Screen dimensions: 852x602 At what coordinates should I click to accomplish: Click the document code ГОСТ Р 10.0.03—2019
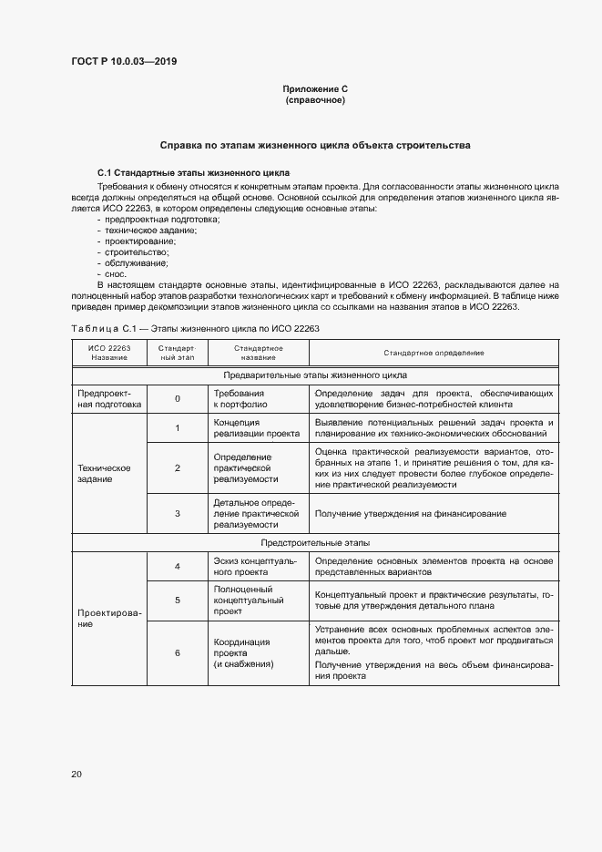point(124,62)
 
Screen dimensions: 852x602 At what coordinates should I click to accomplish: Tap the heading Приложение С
point(315,88)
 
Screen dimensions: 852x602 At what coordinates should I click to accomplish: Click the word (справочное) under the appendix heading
point(315,100)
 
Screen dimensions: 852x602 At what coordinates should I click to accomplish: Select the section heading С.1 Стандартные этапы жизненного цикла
point(193,172)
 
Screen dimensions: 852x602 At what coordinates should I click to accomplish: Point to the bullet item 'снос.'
point(116,273)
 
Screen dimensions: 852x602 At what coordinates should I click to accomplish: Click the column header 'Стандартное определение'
point(433,353)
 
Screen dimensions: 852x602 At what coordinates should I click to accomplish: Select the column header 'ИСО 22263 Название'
point(109,353)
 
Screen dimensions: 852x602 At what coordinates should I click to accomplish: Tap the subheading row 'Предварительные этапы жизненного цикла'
point(315,375)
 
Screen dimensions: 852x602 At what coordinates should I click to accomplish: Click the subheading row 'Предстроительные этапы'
point(315,542)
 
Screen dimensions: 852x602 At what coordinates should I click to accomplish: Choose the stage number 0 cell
point(178,398)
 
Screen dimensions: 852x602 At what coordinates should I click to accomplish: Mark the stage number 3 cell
point(178,514)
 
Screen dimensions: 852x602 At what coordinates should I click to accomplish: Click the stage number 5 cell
point(178,601)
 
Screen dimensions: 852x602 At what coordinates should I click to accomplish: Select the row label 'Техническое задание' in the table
point(105,473)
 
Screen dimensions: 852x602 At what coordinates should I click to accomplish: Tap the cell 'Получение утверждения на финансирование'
point(411,514)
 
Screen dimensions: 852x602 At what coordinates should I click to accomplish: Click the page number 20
point(77,775)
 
